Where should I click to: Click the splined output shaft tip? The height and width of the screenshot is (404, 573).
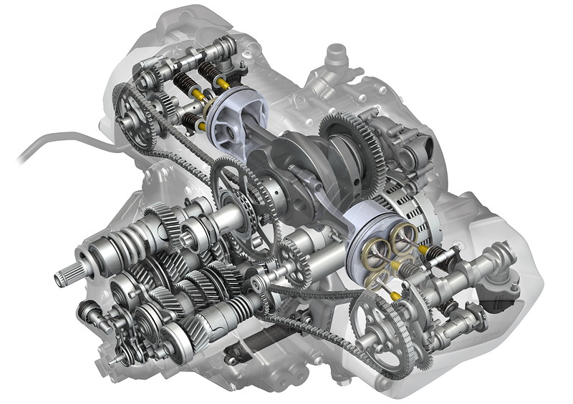[x=67, y=272]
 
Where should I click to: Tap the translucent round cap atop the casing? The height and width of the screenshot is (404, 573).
[x=334, y=55]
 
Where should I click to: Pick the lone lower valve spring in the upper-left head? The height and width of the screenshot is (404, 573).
[x=192, y=122]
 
